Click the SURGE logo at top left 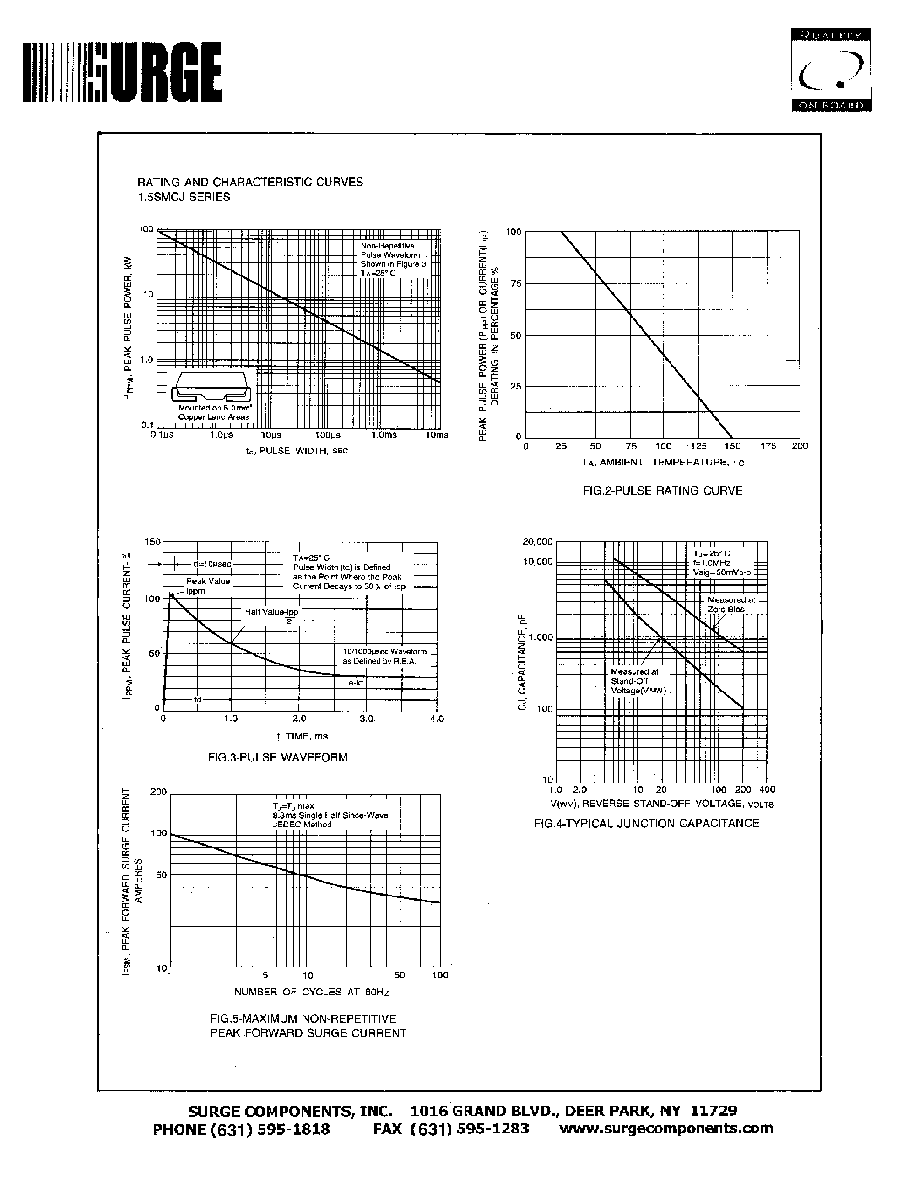click(x=122, y=74)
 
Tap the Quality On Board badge click(x=831, y=70)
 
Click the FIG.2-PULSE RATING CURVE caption click(x=662, y=491)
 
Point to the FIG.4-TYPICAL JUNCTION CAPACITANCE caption click(x=646, y=823)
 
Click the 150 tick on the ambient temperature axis click(x=732, y=446)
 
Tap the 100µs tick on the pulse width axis click(x=328, y=435)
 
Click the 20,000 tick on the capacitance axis click(x=537, y=541)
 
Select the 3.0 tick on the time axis click(x=366, y=719)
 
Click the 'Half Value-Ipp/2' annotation click(x=272, y=615)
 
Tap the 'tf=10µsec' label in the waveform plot click(x=212, y=564)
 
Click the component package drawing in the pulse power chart click(x=211, y=388)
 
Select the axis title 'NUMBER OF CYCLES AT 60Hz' click(x=311, y=992)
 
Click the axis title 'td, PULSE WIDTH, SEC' click(x=297, y=450)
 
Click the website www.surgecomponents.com click(x=665, y=1129)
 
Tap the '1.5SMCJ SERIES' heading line click(x=184, y=197)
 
